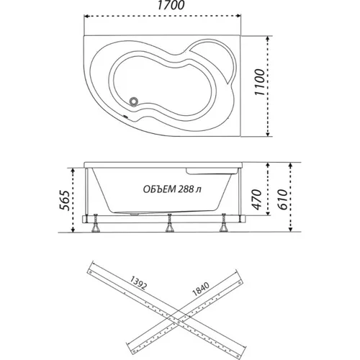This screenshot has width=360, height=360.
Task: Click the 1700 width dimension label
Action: (171, 6)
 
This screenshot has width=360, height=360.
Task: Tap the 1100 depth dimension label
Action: (260, 82)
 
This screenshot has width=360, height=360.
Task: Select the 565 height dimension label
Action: (65, 201)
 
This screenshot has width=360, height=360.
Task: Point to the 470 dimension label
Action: (257, 199)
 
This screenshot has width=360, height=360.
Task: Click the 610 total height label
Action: (283, 199)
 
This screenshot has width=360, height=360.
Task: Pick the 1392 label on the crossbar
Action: (138, 283)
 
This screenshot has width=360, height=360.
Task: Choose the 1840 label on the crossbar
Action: (201, 289)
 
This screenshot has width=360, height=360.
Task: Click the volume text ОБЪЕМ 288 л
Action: (172, 189)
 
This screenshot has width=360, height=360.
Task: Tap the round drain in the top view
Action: (133, 101)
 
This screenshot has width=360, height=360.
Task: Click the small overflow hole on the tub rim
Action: (125, 117)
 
